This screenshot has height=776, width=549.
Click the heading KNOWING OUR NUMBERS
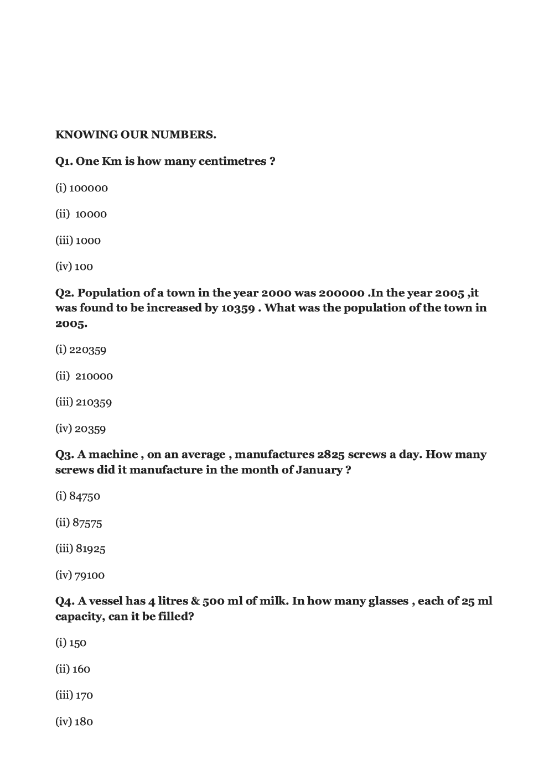(136, 134)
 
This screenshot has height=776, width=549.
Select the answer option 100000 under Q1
(88, 188)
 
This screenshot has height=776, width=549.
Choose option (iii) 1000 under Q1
(88, 241)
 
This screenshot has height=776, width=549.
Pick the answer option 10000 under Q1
(91, 214)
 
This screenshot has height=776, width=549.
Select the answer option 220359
(87, 350)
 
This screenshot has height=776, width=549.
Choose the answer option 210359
(94, 402)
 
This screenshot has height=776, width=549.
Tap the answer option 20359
(90, 429)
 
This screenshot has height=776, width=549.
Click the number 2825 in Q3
(331, 455)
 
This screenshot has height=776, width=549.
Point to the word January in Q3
(319, 470)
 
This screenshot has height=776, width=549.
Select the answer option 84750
(85, 496)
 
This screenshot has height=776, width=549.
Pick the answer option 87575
(87, 523)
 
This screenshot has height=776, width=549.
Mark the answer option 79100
(89, 575)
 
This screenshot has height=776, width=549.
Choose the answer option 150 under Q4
(77, 643)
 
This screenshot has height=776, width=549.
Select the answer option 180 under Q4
(83, 722)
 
